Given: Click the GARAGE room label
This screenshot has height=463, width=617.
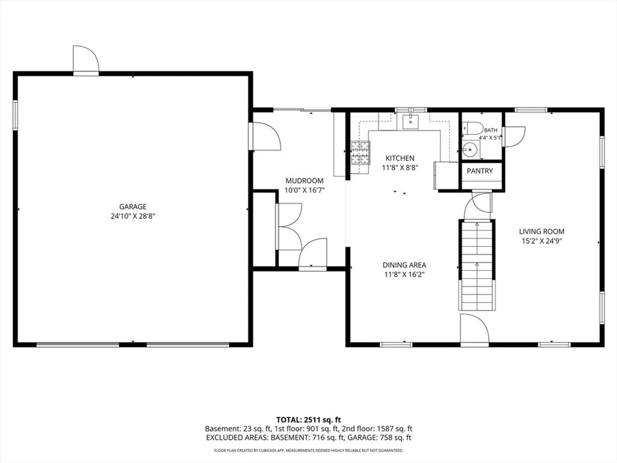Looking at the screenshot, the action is click(x=133, y=207).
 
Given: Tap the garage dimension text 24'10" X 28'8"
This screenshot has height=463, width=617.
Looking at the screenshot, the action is click(x=133, y=216).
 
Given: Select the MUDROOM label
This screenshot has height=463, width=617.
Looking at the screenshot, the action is click(x=304, y=181).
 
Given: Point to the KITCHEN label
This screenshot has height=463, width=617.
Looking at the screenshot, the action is click(x=400, y=158).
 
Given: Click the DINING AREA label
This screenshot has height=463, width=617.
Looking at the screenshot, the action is click(x=404, y=265).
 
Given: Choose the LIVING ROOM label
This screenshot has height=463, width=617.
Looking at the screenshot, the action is click(x=542, y=231).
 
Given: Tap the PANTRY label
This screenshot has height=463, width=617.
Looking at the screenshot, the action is click(x=480, y=171).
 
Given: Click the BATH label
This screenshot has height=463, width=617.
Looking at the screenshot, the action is click(x=491, y=130).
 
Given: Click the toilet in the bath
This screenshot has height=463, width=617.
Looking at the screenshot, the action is click(x=473, y=129).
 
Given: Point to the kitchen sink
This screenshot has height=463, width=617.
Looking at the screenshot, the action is click(x=410, y=122).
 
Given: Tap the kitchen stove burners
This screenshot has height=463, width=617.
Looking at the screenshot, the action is click(x=360, y=153).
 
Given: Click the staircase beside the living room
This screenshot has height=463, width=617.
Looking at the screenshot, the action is click(x=477, y=265).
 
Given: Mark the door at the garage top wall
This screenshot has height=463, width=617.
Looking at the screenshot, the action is click(x=86, y=60).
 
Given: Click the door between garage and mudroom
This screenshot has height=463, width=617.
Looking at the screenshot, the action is click(x=264, y=136).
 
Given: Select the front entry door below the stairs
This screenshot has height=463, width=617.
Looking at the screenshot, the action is click(x=474, y=330).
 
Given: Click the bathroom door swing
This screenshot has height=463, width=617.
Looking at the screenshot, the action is click(x=514, y=137).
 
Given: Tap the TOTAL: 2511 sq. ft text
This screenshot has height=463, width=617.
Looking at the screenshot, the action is click(x=308, y=420).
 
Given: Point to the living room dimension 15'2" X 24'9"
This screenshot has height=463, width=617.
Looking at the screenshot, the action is click(x=542, y=241).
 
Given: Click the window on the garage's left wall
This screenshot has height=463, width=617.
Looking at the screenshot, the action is click(x=15, y=115).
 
